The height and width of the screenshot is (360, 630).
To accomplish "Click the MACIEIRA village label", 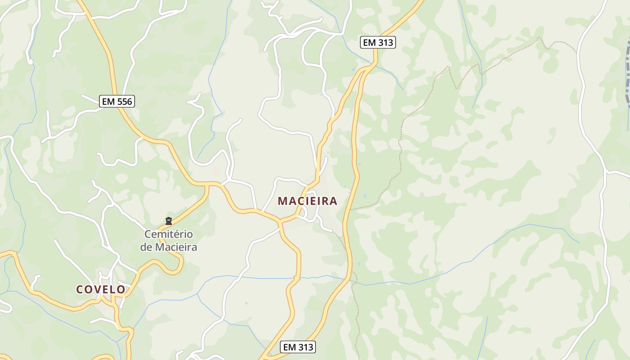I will coord(307,201).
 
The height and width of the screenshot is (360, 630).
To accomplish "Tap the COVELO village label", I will coord(101,289).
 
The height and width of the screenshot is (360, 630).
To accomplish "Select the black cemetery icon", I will coord(169,221).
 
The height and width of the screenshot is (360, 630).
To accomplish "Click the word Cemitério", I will coord(168,234).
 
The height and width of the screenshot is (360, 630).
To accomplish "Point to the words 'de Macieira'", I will coord(168,247).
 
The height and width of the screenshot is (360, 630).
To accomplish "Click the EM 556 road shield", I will coord(117,101).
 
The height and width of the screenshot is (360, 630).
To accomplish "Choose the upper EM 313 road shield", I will coord(378,43).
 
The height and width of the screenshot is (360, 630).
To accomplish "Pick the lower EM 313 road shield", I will coord(297,347).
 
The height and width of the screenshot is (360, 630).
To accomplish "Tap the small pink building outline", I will coord(216,171).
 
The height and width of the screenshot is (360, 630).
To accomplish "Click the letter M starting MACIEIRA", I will coord(282,201).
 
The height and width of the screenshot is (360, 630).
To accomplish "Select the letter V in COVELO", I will coord(98,289).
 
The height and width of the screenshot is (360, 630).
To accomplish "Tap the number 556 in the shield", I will coord(124,101).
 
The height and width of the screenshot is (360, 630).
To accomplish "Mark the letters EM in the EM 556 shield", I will coord(108,101).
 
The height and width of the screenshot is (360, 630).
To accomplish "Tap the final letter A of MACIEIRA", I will coord(333,201).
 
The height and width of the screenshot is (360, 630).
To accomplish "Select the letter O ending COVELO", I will coord(121,289).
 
